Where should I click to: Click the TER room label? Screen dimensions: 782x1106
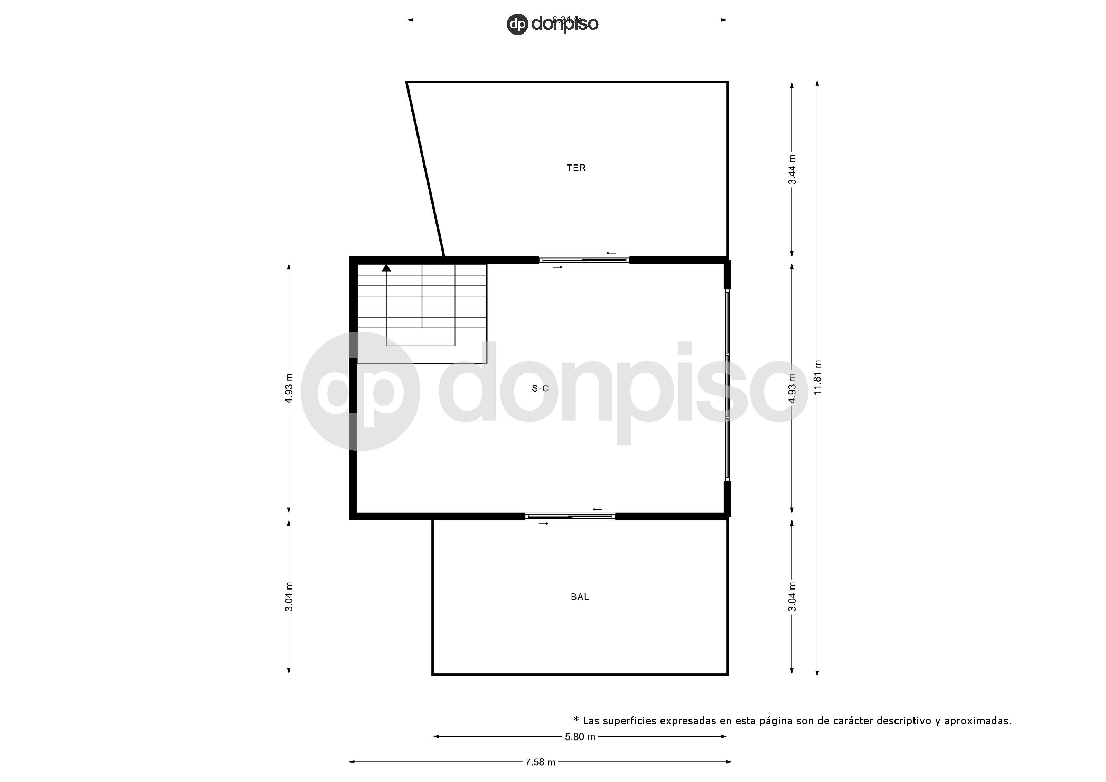pyautogui.click(x=576, y=168)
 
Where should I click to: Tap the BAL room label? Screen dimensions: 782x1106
pyautogui.click(x=580, y=597)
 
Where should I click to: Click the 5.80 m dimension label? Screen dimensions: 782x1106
pyautogui.click(x=580, y=737)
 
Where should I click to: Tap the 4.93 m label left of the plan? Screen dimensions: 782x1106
pyautogui.click(x=289, y=388)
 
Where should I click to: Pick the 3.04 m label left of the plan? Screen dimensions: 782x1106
pyautogui.click(x=289, y=597)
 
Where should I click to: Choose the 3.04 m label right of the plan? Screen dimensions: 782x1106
pyautogui.click(x=792, y=597)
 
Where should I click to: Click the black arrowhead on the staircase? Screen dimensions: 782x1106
pyautogui.click(x=386, y=268)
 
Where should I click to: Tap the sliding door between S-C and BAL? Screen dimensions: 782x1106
pyautogui.click(x=570, y=517)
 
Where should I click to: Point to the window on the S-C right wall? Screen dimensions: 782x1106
pyautogui.click(x=728, y=385)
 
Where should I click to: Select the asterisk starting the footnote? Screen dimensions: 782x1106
pyautogui.click(x=576, y=720)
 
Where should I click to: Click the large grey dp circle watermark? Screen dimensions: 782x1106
pyautogui.click(x=360, y=391)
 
